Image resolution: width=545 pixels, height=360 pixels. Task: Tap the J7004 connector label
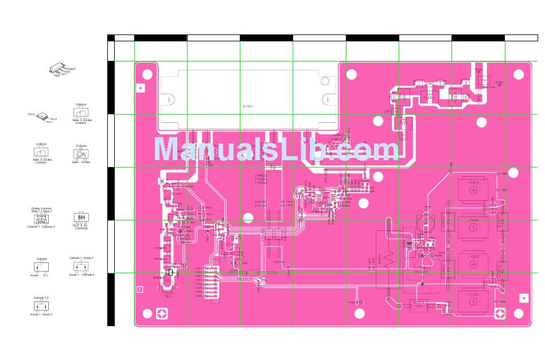coord(473,220)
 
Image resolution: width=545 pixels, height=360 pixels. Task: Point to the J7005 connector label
coord(473,258)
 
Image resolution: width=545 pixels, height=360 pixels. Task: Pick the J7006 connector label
coord(473,294)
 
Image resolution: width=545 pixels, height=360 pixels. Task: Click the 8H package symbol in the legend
coord(81,218)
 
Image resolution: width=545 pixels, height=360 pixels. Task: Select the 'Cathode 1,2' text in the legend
coord(41,299)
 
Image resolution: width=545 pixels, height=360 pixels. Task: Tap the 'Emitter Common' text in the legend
coord(41,208)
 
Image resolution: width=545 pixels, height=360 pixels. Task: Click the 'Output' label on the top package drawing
coord(71,68)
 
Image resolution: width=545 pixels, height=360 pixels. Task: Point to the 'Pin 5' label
coord(32,114)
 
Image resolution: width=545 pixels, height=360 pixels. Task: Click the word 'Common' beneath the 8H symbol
coord(81,229)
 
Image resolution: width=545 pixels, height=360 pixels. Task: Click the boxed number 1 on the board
coord(141,289)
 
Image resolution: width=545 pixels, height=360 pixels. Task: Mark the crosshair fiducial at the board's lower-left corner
coord(163,313)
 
